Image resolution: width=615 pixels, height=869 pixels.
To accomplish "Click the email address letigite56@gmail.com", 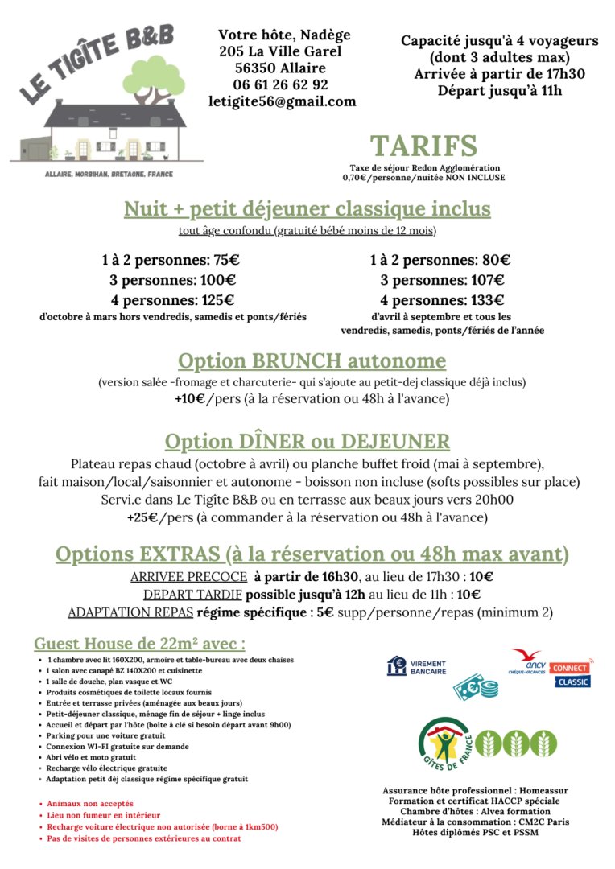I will click(282, 101).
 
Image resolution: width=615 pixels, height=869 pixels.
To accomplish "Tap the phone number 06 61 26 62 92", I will click(280, 84).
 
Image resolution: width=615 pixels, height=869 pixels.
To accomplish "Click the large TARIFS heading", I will click(423, 146).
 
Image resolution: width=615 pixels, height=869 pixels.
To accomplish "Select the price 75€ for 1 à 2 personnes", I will click(221, 260).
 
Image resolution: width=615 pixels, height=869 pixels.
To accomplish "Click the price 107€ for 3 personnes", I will click(485, 280).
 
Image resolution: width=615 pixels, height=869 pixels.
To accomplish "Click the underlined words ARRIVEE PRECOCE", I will click(188, 577).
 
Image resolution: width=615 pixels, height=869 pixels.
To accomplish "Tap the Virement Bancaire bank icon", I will click(396, 665).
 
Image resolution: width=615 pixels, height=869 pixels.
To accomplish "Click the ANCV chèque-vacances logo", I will click(526, 661).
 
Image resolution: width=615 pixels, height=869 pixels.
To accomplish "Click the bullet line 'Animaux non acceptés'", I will click(89, 804).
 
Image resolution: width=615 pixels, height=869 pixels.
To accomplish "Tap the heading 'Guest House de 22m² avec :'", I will click(139, 644).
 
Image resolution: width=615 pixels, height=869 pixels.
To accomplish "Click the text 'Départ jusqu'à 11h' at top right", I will click(499, 90).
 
